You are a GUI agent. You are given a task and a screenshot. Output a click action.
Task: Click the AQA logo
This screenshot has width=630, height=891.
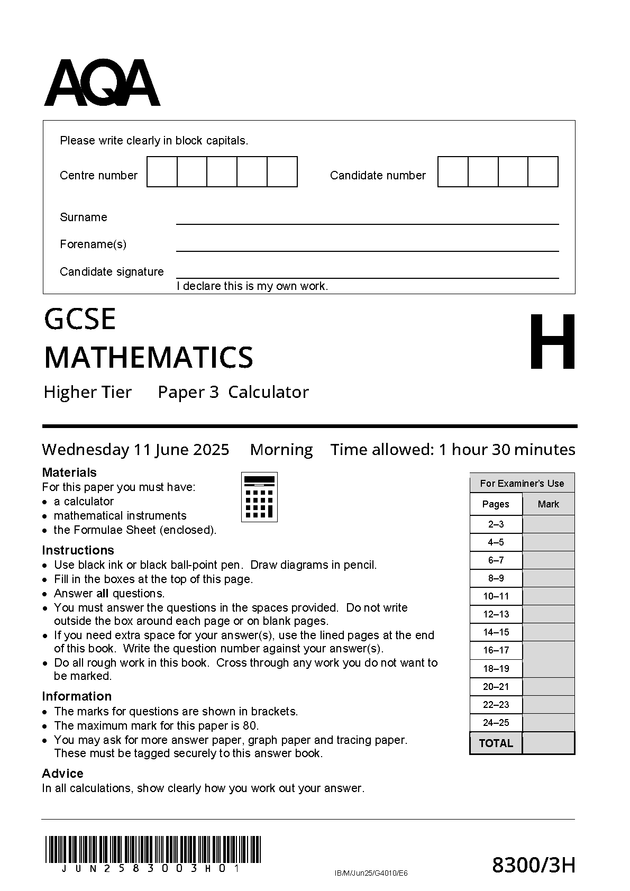point(102,83)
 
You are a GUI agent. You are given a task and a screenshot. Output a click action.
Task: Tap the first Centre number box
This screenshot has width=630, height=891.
point(162,172)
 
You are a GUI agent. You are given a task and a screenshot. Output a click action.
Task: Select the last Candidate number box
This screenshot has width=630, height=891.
point(543,172)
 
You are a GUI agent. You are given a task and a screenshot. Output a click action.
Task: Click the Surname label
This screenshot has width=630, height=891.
point(83,217)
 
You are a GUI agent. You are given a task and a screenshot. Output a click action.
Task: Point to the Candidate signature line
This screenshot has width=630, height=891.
point(367,277)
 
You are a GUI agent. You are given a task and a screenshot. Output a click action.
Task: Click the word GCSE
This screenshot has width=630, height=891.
point(80,319)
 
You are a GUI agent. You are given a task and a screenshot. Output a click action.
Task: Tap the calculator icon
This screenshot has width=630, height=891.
point(259,497)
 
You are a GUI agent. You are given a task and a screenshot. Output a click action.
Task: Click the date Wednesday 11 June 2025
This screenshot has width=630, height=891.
point(135,450)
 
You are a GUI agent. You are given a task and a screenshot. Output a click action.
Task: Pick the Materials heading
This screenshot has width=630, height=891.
point(69,472)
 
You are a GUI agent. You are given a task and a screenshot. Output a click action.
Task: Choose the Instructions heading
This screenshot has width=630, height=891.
point(78,550)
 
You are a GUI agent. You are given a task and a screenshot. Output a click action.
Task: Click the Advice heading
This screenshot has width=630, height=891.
point(62,774)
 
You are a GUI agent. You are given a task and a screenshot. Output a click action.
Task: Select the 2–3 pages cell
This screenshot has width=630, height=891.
point(496,524)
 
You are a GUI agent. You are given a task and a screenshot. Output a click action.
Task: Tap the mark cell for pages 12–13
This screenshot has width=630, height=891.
point(549,614)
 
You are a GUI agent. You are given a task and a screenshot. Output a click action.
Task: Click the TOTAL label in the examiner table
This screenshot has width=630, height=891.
point(496,743)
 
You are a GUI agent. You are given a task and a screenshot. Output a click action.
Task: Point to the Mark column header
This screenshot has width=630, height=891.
point(549,504)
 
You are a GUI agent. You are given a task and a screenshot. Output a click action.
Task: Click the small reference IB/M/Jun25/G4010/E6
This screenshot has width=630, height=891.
point(371,873)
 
